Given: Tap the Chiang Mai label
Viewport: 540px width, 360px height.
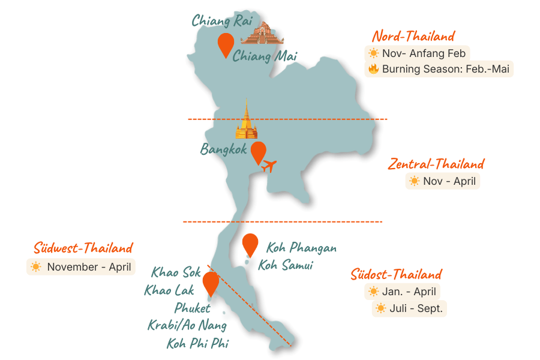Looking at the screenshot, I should click(x=265, y=56).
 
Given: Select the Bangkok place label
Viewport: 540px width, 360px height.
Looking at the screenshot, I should click(x=224, y=149).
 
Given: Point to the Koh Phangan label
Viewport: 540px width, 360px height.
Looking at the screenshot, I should click(x=301, y=248).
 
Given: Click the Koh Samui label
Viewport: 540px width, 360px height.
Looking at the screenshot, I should click(x=286, y=265).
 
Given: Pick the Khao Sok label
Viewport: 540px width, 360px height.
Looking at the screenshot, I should click(x=176, y=273).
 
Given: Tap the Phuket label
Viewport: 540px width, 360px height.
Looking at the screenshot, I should click(x=193, y=308).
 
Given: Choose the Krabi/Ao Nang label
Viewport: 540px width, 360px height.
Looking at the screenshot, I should click(x=187, y=326).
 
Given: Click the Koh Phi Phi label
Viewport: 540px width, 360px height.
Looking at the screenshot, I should click(x=197, y=344).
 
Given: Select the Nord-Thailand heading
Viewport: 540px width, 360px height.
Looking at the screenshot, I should click(x=413, y=36).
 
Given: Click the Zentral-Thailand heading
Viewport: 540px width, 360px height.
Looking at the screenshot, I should click(x=436, y=164).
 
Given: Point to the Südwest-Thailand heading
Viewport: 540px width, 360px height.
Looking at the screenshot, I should click(x=83, y=248).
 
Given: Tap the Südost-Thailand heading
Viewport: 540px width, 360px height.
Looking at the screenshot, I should click(x=396, y=275).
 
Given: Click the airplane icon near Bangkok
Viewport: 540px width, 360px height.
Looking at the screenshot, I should click(x=270, y=164).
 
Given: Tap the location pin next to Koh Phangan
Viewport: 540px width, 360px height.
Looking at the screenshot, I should click(x=250, y=245).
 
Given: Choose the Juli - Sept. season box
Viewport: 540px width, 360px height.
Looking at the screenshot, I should click(x=410, y=309).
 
